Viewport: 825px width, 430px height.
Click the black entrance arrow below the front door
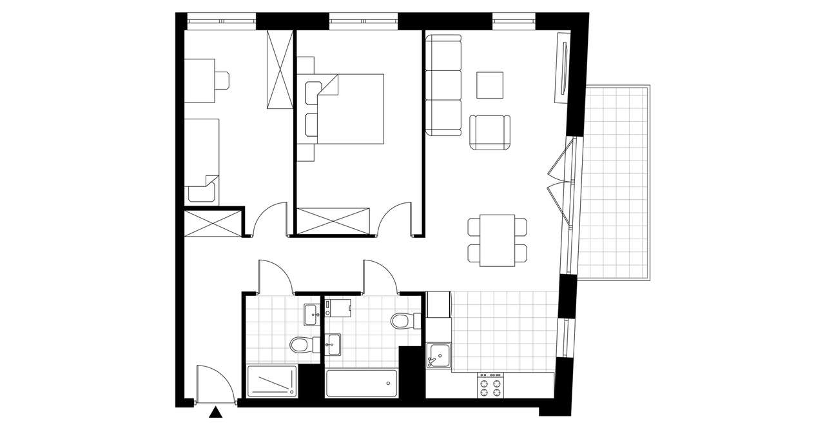pos(217,413)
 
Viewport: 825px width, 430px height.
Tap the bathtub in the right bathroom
pos(361,384)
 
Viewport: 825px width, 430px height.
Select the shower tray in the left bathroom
pos(272,381)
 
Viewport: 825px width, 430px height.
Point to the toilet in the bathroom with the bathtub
pos(402,319)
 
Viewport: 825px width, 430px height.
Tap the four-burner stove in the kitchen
pos(490,387)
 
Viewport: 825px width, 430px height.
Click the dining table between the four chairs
pos(497,240)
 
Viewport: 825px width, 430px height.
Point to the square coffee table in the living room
pos(490,84)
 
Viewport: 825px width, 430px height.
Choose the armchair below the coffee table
pos(490,132)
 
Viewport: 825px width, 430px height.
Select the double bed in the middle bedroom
pos(351,108)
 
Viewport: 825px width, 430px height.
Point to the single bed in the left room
pos(202,158)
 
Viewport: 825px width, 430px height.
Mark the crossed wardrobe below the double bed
pos(333,220)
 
